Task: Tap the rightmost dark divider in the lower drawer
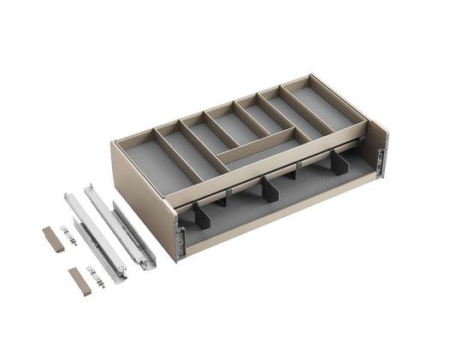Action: (x=341, y=163)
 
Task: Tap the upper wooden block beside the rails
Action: (x=54, y=240)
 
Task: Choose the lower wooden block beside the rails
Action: (x=79, y=281)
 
